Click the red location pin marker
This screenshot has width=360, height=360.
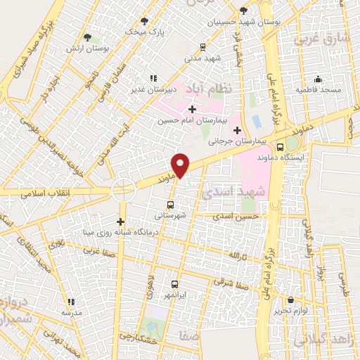pyautogui.click(x=181, y=165)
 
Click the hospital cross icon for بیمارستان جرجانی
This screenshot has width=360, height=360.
pyautogui.click(x=237, y=130)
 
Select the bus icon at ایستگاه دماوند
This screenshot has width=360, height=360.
pyautogui.click(x=281, y=148)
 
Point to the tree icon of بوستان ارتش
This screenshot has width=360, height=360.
pyautogui.click(x=87, y=37)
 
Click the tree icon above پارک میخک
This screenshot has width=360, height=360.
pyautogui.click(x=145, y=21)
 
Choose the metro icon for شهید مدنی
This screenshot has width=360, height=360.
pyautogui.click(x=202, y=47)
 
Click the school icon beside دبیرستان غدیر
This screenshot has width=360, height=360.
pyautogui.click(x=152, y=79)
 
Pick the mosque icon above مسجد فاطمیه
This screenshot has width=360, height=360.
pyautogui.click(x=318, y=79)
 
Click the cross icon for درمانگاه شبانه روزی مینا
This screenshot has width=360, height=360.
pyautogui.click(x=121, y=222)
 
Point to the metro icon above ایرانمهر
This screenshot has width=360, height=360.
pyautogui.click(x=174, y=285)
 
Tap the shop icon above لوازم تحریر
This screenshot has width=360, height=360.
pyautogui.click(x=290, y=300)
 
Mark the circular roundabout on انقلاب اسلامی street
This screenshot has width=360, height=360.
pyautogui.click(x=123, y=189)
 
